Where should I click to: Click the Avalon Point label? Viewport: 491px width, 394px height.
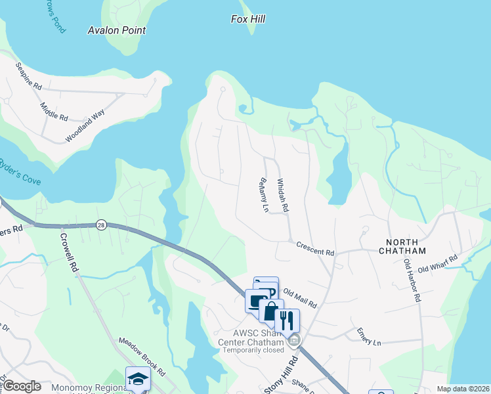pos(117,30)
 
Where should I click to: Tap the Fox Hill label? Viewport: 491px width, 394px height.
pos(248,20)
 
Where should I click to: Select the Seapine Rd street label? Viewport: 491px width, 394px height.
pos(29,76)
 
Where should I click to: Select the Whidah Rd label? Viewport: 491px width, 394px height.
pos(282,195)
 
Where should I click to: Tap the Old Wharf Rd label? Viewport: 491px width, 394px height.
pos(438,264)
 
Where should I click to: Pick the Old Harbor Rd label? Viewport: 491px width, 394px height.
pos(412,280)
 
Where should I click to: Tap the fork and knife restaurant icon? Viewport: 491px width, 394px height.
pos(287,321)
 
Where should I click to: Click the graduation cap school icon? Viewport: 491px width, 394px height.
pos(138,379)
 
